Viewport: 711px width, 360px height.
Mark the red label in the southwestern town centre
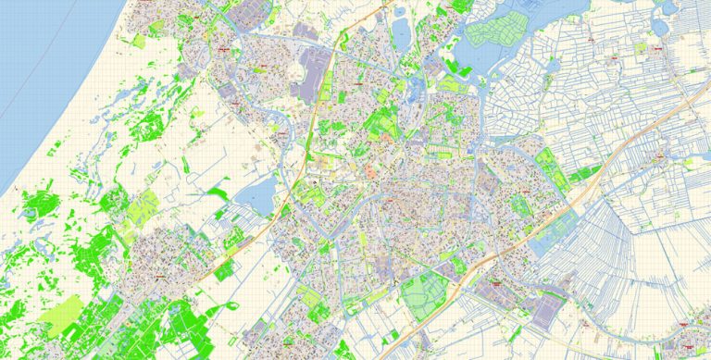[x=160, y=276]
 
